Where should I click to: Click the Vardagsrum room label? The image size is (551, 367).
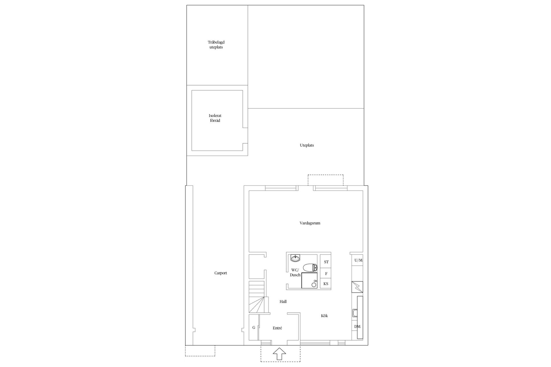tap(310, 223)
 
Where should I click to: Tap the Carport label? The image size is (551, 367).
tap(221, 273)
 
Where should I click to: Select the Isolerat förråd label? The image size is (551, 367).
tap(215, 118)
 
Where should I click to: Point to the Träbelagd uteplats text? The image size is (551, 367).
tap(216, 45)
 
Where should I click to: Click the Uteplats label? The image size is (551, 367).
tap(307, 145)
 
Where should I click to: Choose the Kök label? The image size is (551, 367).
tap(324, 316)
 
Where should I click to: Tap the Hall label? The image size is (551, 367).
tap(283, 302)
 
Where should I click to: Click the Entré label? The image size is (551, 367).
tap(277, 328)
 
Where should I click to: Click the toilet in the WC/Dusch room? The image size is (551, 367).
tap(310, 268)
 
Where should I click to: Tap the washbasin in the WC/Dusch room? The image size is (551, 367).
tap(295, 258)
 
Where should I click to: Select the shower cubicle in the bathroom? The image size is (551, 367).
tap(309, 280)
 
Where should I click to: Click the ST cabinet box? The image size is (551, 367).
tap(326, 262)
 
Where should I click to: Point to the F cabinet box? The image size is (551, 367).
tap(326, 274)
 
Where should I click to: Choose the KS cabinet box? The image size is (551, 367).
tap(326, 284)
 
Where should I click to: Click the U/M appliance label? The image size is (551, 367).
tap(358, 260)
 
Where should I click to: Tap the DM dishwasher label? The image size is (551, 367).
tap(357, 327)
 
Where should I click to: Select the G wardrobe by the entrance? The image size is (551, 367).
tap(254, 327)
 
